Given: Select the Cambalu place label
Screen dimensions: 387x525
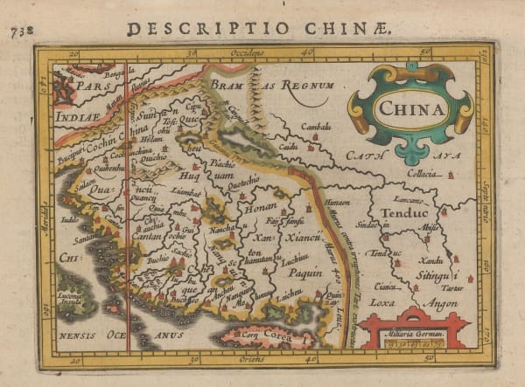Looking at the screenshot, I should click(x=316, y=127).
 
